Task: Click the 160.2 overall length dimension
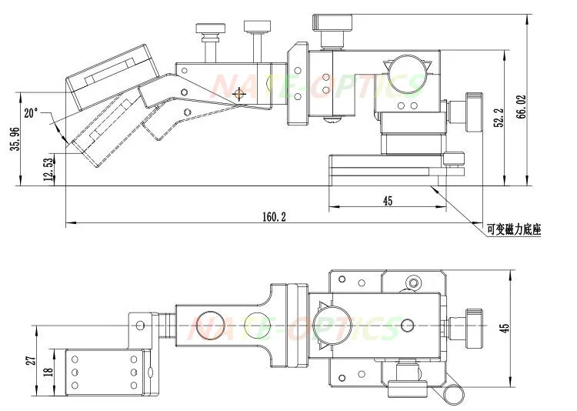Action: click(274, 216)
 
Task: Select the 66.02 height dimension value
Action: click(521, 107)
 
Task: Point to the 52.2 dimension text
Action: click(499, 118)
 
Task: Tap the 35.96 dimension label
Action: click(15, 139)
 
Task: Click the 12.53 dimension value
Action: click(48, 169)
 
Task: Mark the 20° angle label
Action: click(32, 112)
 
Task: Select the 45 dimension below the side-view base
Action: click(388, 201)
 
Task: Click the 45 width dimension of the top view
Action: click(505, 328)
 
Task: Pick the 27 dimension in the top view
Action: click(32, 359)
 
